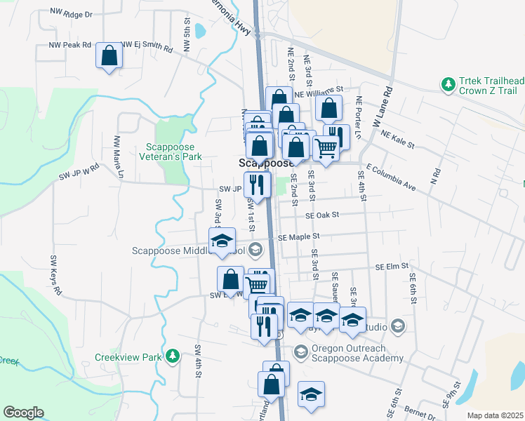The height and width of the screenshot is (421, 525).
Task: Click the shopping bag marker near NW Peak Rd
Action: [x=109, y=56]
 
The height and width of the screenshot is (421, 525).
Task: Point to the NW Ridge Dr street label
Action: [x=72, y=13]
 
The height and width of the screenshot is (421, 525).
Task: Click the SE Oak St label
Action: [x=321, y=215]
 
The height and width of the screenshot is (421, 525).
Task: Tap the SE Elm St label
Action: [x=392, y=267]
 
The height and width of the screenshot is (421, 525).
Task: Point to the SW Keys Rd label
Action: [x=55, y=274]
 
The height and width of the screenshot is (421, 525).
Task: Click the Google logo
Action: [x=23, y=413]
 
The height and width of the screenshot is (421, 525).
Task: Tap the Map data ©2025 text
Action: [x=494, y=415]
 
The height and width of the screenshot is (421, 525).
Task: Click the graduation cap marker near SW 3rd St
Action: [x=222, y=241]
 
